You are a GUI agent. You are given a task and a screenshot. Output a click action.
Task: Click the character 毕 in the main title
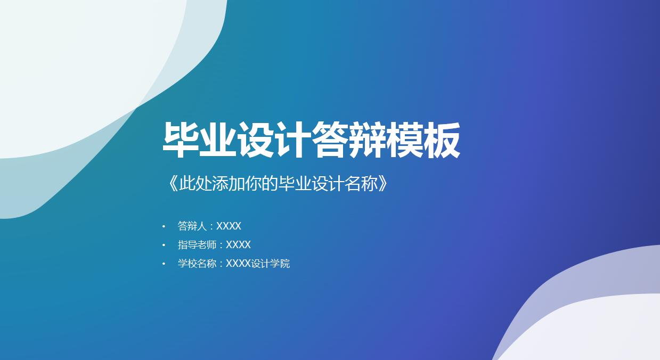(x=181, y=141)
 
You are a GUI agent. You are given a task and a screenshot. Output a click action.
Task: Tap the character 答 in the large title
(x=330, y=141)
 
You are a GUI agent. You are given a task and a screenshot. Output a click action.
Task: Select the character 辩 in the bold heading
(x=368, y=141)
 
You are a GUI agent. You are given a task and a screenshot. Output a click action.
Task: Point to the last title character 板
(x=442, y=141)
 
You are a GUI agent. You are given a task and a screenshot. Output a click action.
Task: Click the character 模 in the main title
(x=405, y=141)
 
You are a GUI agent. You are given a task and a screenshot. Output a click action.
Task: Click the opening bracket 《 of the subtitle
(x=171, y=184)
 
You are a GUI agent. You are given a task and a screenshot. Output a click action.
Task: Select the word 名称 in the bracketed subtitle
(x=361, y=184)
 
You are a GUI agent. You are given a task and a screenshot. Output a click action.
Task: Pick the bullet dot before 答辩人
(x=164, y=226)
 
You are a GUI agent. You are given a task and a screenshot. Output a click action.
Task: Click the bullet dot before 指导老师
(x=164, y=245)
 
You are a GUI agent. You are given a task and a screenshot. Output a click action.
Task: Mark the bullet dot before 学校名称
(x=164, y=264)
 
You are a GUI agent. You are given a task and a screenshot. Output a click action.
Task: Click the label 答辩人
(x=192, y=226)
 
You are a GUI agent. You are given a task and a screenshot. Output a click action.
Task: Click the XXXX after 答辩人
(x=229, y=226)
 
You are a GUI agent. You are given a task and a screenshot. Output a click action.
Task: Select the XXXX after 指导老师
(x=238, y=245)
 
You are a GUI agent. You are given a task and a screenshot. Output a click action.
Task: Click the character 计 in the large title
(x=293, y=141)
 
